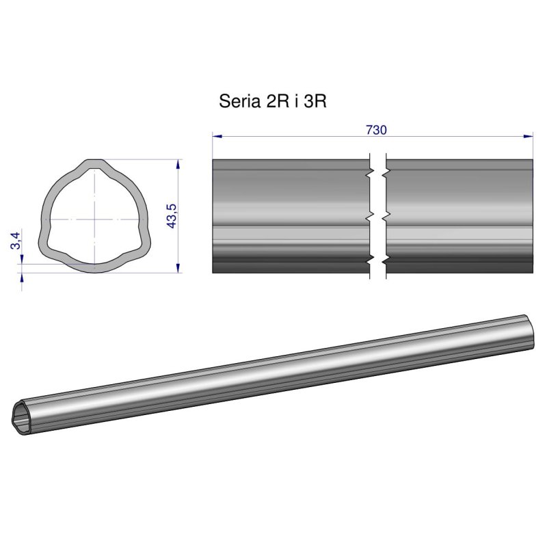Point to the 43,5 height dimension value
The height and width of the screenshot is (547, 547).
pyautogui.click(x=172, y=216)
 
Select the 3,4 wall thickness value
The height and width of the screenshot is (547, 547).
pyautogui.click(x=16, y=241)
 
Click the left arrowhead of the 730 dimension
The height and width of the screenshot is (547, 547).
pyautogui.click(x=216, y=137)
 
